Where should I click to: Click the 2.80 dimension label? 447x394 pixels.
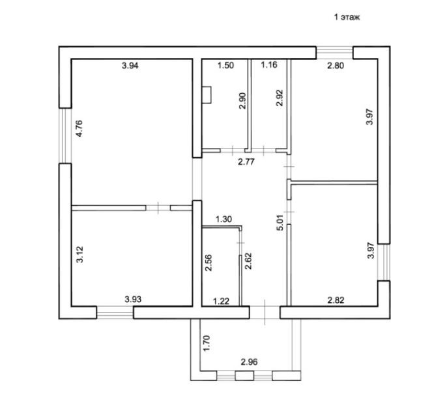(x=336, y=65)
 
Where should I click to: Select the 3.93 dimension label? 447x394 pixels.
(x=134, y=300)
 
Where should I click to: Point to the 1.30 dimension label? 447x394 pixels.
(x=223, y=219)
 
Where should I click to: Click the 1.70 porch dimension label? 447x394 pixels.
(x=207, y=343)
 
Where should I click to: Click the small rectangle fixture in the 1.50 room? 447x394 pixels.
(x=207, y=96)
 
